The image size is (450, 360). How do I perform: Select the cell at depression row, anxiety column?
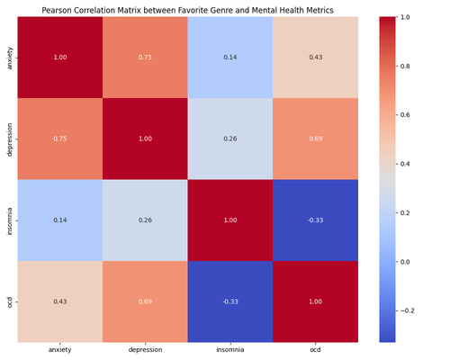(x=58, y=139)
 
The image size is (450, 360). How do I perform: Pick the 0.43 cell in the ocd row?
(x=58, y=301)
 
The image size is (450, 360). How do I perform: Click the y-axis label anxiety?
(x=9, y=57)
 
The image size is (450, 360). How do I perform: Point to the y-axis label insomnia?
(x=9, y=220)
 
